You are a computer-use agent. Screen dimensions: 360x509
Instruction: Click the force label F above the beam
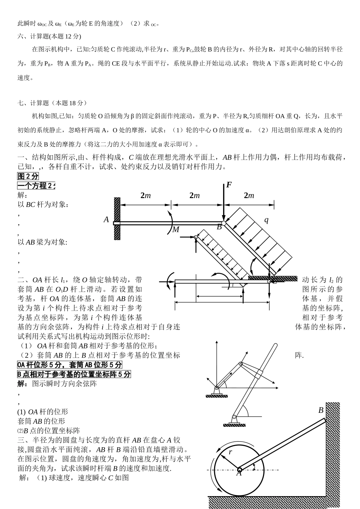[x=229, y=185]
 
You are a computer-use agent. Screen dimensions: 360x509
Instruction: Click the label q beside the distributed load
[x=266, y=220]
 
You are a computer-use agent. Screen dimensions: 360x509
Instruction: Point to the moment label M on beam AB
[x=176, y=230]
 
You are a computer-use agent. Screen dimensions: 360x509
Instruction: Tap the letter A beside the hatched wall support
[x=106, y=219]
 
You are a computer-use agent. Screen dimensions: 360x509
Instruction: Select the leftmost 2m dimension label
[x=146, y=195]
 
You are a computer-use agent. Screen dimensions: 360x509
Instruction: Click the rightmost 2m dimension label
[x=249, y=195]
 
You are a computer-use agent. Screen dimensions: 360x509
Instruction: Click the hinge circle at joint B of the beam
[x=224, y=223]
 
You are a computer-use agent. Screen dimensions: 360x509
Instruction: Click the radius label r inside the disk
[x=230, y=452]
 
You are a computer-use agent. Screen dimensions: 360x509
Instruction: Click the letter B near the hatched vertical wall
[x=321, y=410]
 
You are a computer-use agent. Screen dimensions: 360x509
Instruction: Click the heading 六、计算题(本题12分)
[x=49, y=36]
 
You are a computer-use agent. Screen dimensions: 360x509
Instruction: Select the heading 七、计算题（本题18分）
[x=52, y=103]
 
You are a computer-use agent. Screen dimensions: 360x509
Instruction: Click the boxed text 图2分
[x=28, y=176]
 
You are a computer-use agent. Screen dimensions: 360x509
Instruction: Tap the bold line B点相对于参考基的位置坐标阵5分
[x=74, y=374]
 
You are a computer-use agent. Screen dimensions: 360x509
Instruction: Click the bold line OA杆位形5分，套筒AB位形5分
[x=70, y=365]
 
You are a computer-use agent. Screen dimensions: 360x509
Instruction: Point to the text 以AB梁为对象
[x=42, y=242]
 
